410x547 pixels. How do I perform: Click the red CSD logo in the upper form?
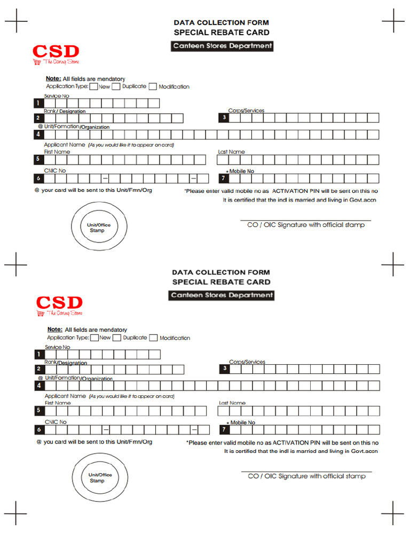click(56, 52)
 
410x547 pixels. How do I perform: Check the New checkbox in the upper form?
click(93, 87)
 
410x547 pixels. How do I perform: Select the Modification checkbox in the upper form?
click(153, 87)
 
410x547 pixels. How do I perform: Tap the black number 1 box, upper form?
click(38, 103)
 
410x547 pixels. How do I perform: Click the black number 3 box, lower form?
click(225, 369)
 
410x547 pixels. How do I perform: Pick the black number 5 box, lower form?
click(38, 410)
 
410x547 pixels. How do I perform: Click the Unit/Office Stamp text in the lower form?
click(100, 478)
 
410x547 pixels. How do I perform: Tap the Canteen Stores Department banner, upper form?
click(222, 46)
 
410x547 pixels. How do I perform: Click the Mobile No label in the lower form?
click(242, 423)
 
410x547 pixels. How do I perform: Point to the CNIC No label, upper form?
click(55, 171)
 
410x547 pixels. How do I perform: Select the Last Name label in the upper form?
click(231, 152)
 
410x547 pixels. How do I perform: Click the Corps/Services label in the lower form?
click(247, 362)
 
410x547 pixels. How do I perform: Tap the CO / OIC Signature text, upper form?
click(306, 225)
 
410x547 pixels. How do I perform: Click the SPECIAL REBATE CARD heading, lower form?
click(221, 282)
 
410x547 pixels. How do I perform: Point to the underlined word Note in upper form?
click(52, 79)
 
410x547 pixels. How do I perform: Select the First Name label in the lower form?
click(58, 403)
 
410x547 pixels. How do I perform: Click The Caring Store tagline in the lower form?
click(65, 313)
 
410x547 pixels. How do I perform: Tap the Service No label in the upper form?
click(57, 96)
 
